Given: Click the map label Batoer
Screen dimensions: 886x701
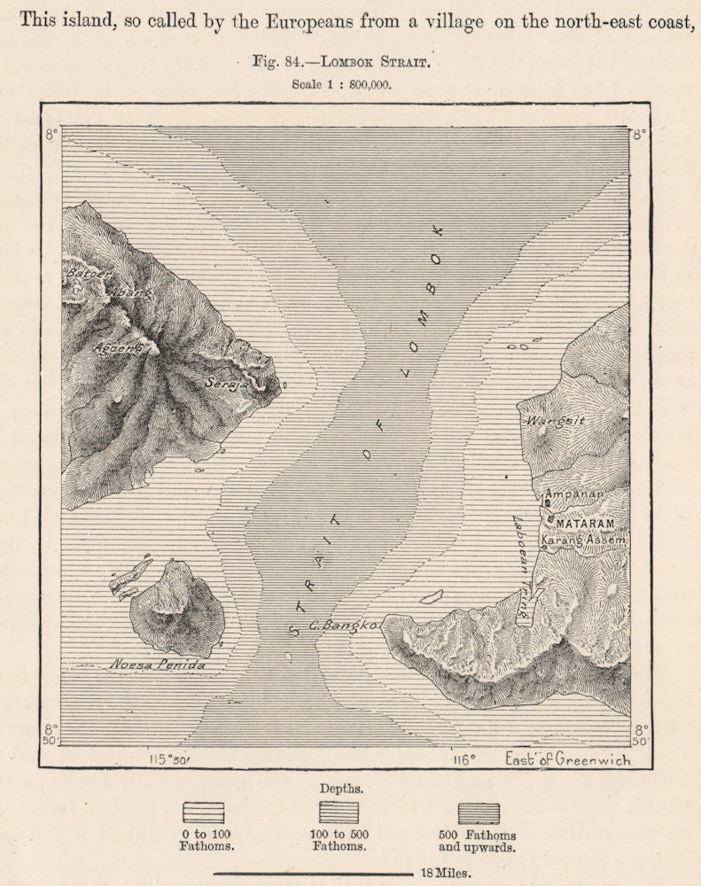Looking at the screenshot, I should coord(85,274).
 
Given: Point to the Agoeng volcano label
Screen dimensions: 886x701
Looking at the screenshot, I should coord(118,348).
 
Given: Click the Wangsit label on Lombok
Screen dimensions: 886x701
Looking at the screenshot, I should coord(555,421).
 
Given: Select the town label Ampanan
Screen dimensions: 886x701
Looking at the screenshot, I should coord(573,494).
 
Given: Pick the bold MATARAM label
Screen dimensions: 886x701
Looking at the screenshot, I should coord(585,524).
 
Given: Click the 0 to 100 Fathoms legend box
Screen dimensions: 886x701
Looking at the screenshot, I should coord(203,812).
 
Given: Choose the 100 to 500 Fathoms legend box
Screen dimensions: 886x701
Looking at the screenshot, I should coord(339,812).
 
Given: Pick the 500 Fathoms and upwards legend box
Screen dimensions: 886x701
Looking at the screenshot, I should coord(479,812).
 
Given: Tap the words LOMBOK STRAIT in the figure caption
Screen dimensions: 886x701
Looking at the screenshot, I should coord(384,63).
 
